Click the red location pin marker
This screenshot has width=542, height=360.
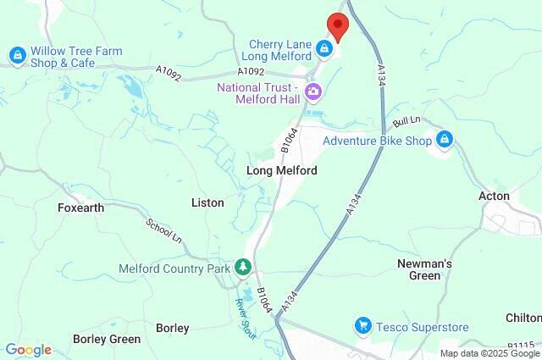(x=337, y=27)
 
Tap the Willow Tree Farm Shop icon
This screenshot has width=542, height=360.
(x=16, y=56)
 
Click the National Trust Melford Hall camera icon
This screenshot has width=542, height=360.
(x=313, y=91)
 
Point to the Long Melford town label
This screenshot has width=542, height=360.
(x=281, y=171)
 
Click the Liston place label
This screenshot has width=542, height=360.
(x=207, y=202)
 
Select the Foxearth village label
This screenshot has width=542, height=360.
(x=80, y=208)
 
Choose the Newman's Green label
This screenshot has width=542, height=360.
(x=424, y=269)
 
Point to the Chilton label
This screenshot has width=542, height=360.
(x=523, y=317)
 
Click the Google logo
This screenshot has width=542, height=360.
(x=28, y=350)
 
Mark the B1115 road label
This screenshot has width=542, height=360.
(x=524, y=345)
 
